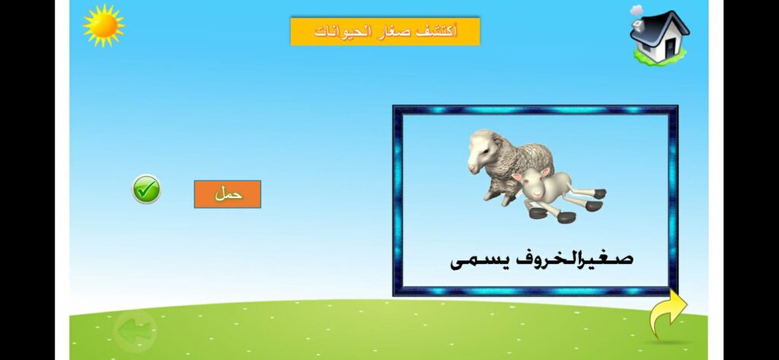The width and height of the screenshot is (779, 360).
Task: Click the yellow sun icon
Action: point(103,25)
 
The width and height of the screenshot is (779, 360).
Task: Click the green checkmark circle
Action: point(146,190)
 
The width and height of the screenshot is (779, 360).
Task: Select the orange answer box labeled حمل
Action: point(227,194)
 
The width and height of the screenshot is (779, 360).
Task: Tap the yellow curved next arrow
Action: point(667,313)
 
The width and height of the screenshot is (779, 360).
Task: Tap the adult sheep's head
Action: point(480,150)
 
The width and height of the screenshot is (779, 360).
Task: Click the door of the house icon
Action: point(670,46)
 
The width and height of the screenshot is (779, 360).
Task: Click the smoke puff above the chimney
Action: point(636,10)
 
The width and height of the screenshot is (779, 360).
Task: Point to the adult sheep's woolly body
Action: point(525,160)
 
